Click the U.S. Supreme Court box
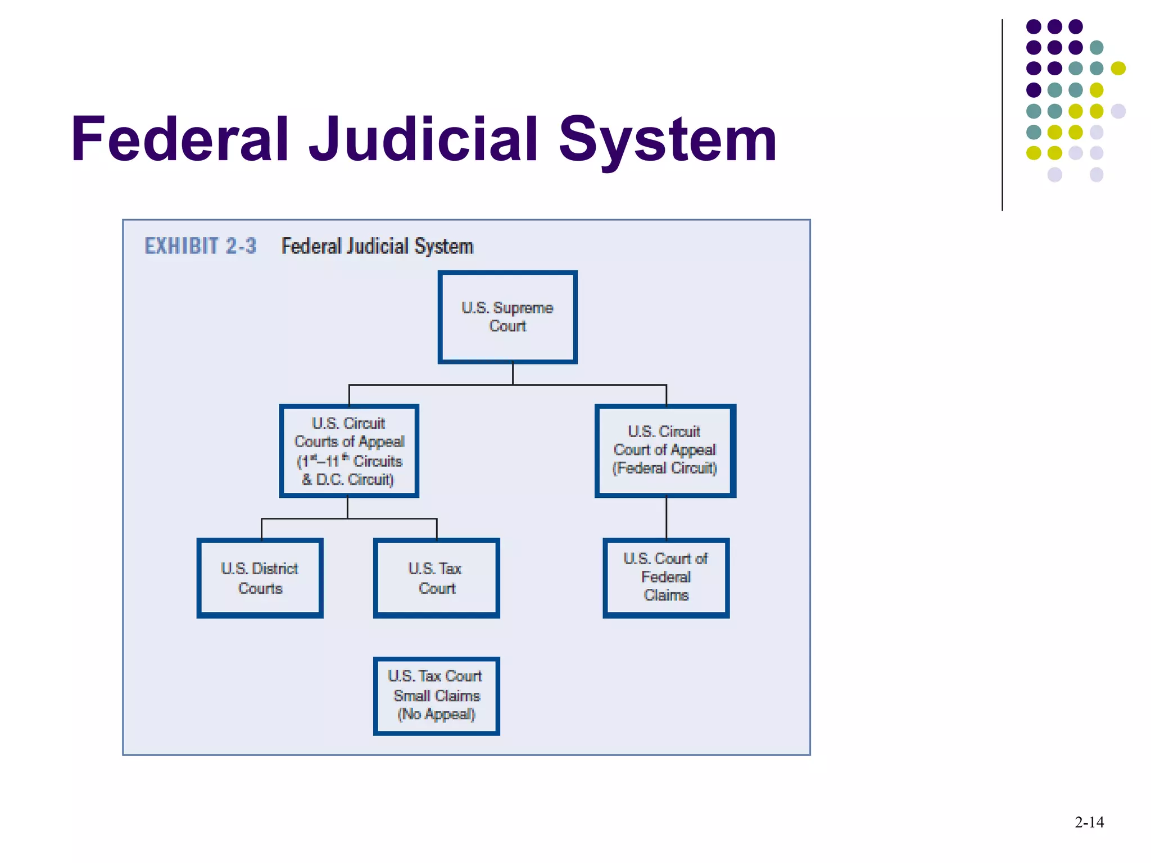click(x=507, y=317)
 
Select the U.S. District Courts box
click(x=260, y=578)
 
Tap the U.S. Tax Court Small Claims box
click(x=436, y=696)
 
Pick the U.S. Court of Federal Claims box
click(x=666, y=578)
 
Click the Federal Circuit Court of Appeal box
click(x=665, y=450)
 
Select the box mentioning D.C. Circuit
click(x=349, y=451)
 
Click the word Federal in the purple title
click(x=180, y=139)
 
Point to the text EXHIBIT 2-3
click(x=200, y=246)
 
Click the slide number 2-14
click(x=1089, y=823)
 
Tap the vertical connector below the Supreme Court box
click(x=513, y=374)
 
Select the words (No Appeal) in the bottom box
click(x=436, y=715)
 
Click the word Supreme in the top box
click(x=523, y=308)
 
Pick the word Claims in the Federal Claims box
click(x=666, y=596)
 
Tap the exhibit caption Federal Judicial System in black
click(x=377, y=246)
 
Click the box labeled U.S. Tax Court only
click(x=436, y=578)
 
